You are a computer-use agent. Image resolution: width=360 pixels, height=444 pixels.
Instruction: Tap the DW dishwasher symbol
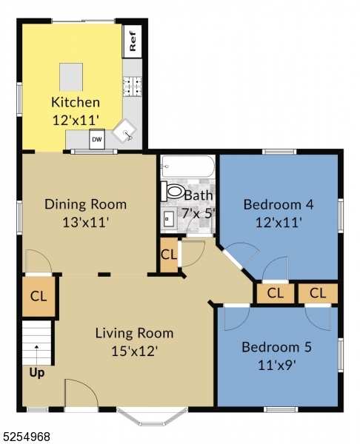[96, 139]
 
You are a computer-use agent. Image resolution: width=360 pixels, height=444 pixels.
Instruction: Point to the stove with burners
[132, 88]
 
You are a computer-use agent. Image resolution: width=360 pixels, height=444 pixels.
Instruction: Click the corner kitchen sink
[127, 133]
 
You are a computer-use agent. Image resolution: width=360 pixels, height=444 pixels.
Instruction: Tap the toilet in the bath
[173, 191]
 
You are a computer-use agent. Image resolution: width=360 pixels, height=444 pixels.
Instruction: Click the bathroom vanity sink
[168, 218]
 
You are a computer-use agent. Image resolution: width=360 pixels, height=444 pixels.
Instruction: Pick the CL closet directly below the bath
[169, 255]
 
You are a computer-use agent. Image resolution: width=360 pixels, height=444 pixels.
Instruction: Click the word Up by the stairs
[36, 373]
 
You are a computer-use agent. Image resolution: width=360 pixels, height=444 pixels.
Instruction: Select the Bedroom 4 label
[273, 204]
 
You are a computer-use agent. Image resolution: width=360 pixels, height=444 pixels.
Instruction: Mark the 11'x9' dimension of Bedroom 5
[272, 364]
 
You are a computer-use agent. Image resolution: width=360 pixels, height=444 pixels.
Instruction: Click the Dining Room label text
[85, 204]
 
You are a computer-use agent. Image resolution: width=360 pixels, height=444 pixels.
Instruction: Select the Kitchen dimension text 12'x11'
[75, 118]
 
